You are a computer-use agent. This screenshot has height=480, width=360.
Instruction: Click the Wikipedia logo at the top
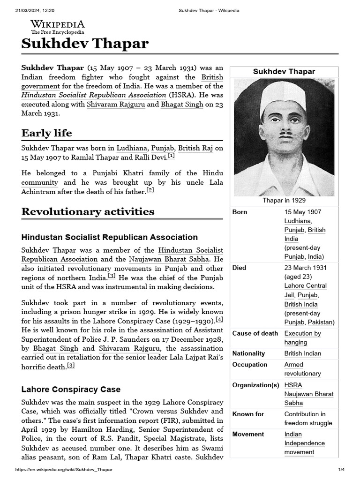pos(57,27)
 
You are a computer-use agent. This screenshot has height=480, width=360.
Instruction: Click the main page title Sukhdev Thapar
pos(85,44)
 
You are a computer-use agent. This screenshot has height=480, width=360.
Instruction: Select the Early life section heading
pos(47,133)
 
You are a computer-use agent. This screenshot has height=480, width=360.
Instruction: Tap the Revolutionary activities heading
pos(88,211)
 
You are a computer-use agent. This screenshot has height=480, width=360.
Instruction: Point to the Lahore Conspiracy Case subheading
pos(71,389)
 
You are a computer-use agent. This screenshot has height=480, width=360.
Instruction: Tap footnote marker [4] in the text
pos(219,320)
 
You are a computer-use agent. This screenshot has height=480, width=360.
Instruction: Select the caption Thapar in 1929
pos(284,201)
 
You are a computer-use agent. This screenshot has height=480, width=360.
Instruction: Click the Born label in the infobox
pos(240,212)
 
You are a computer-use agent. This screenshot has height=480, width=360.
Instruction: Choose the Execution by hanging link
pos(302,338)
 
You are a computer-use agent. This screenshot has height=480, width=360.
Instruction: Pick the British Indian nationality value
pos(303,353)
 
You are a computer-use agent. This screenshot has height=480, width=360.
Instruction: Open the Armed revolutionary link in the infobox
pos(302,369)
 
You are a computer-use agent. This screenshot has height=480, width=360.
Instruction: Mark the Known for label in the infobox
pos(248,414)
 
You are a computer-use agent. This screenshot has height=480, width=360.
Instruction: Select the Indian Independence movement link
pos(304,443)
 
